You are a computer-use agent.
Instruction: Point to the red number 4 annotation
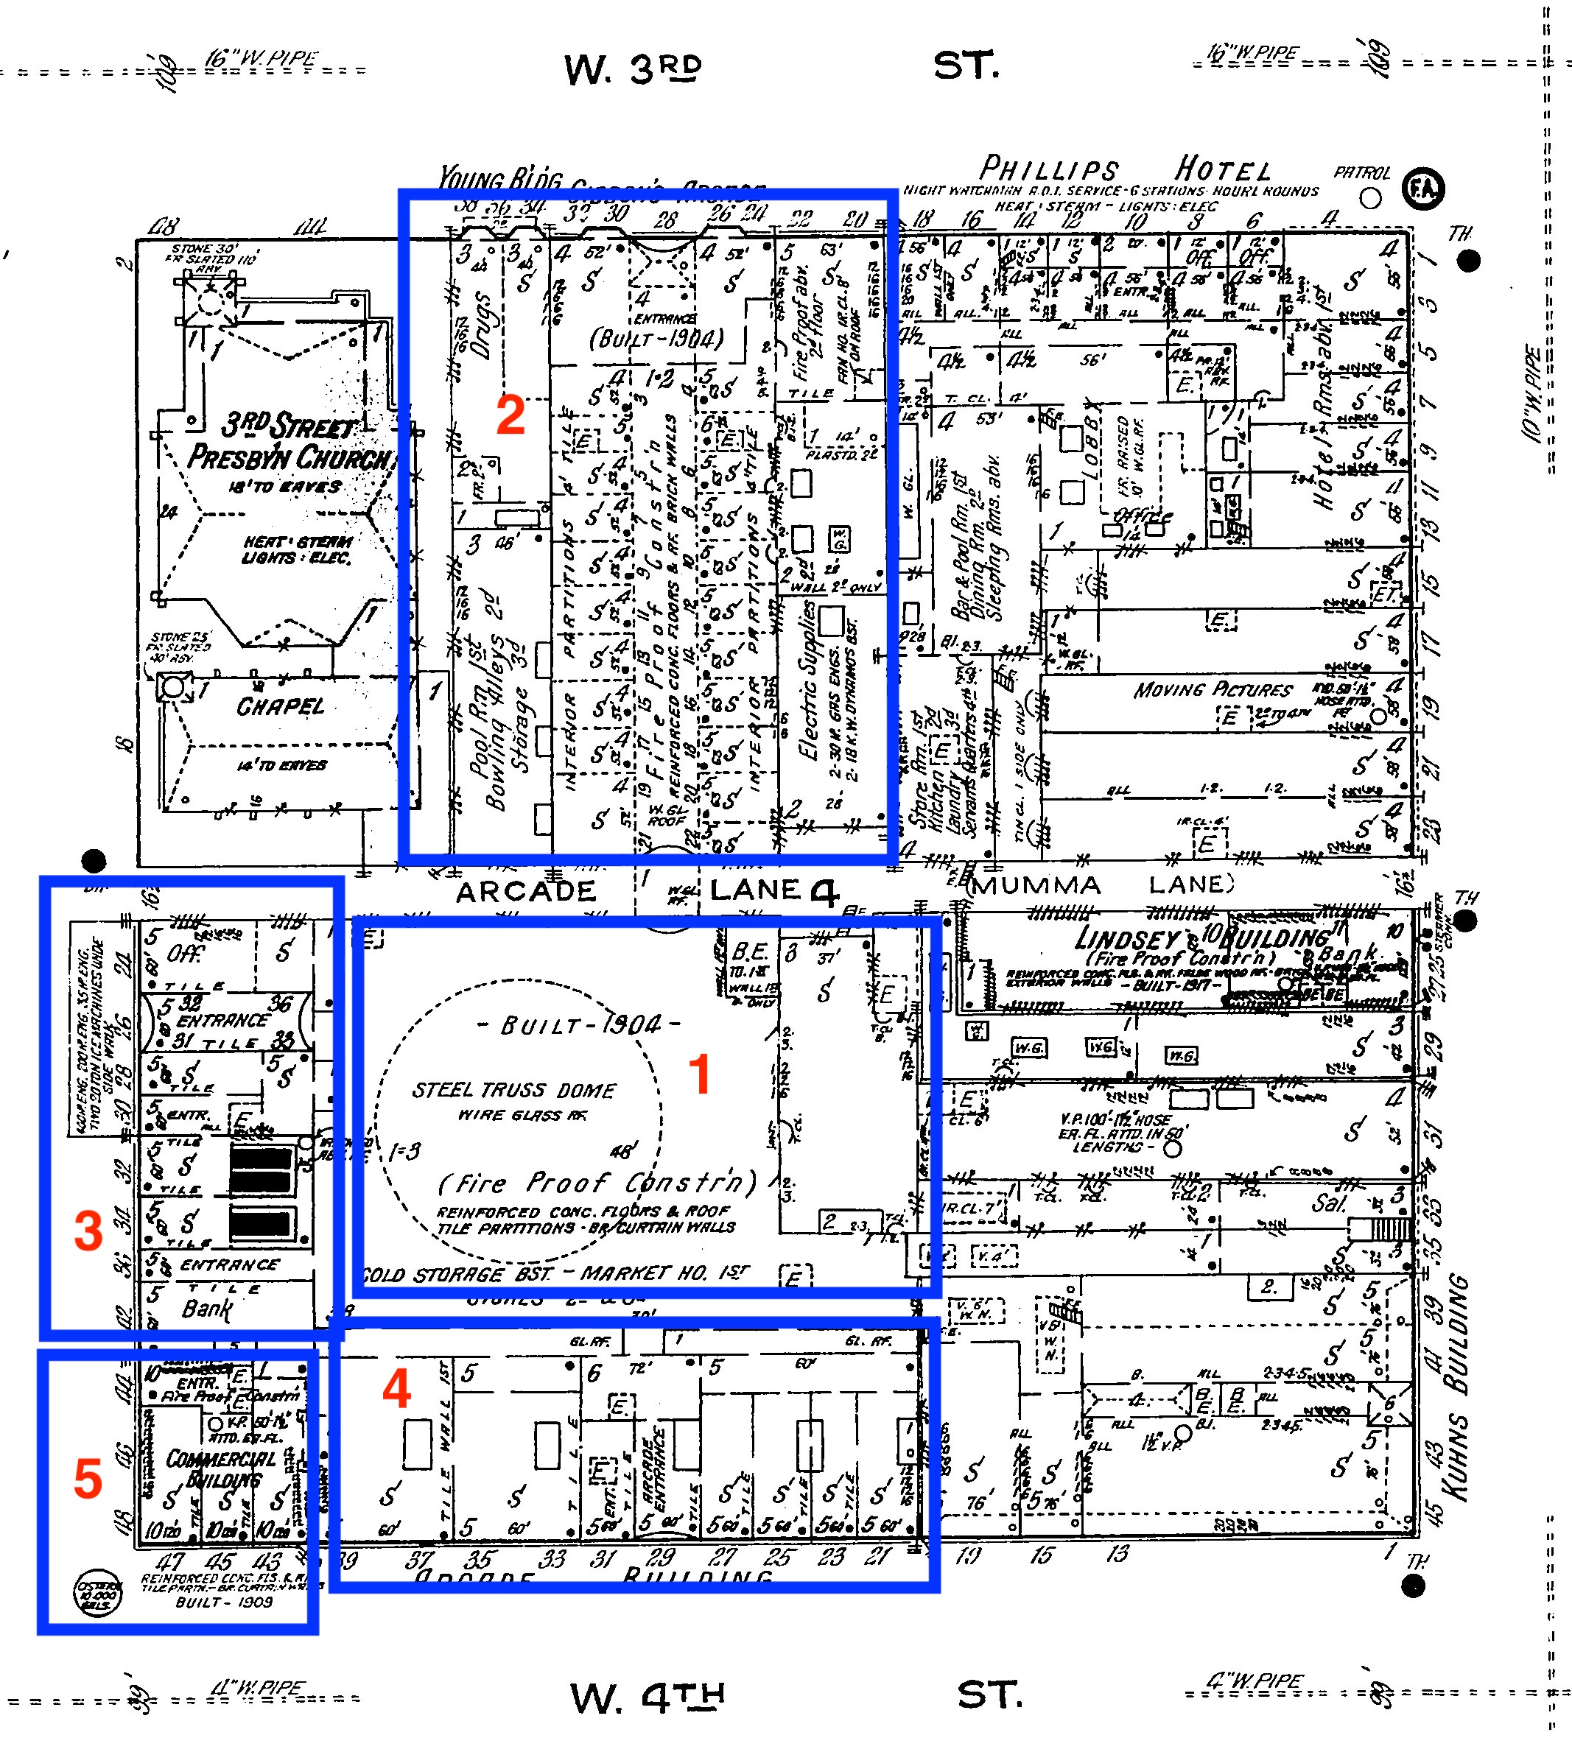tap(396, 1389)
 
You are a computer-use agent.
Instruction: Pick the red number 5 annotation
tap(88, 1479)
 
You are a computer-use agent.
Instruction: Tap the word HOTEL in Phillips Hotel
tap(1223, 170)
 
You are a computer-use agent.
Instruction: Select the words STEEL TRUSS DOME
tap(513, 1091)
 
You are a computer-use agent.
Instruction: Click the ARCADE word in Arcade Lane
tap(525, 891)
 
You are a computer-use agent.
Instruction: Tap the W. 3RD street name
tap(633, 69)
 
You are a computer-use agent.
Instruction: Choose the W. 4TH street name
tap(647, 1697)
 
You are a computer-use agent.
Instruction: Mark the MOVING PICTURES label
tap(1213, 690)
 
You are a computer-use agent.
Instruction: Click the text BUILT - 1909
tap(223, 1602)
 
